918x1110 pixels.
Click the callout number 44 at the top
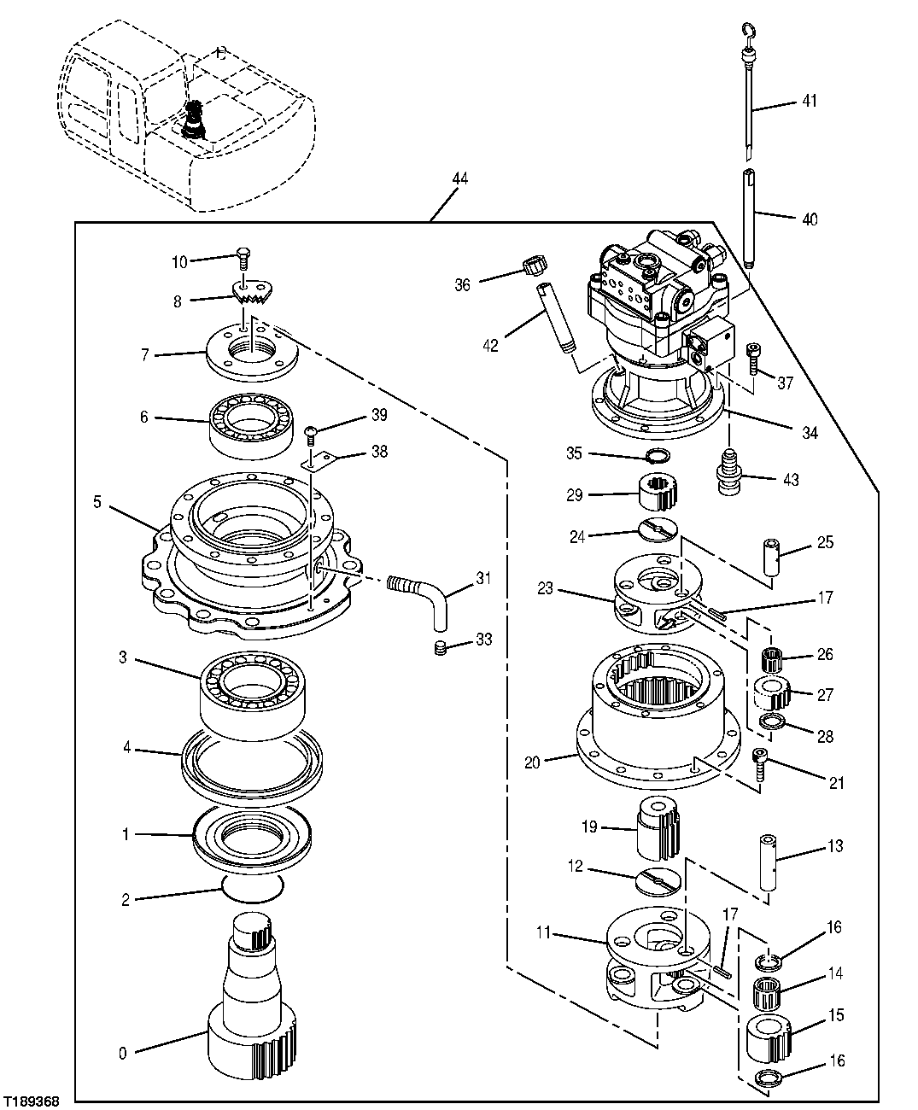459,179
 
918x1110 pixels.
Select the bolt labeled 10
243,255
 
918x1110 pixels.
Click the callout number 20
531,762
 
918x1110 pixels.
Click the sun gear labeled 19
658,827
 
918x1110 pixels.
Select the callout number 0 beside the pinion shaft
123,1053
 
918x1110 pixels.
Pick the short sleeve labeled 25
774,557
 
